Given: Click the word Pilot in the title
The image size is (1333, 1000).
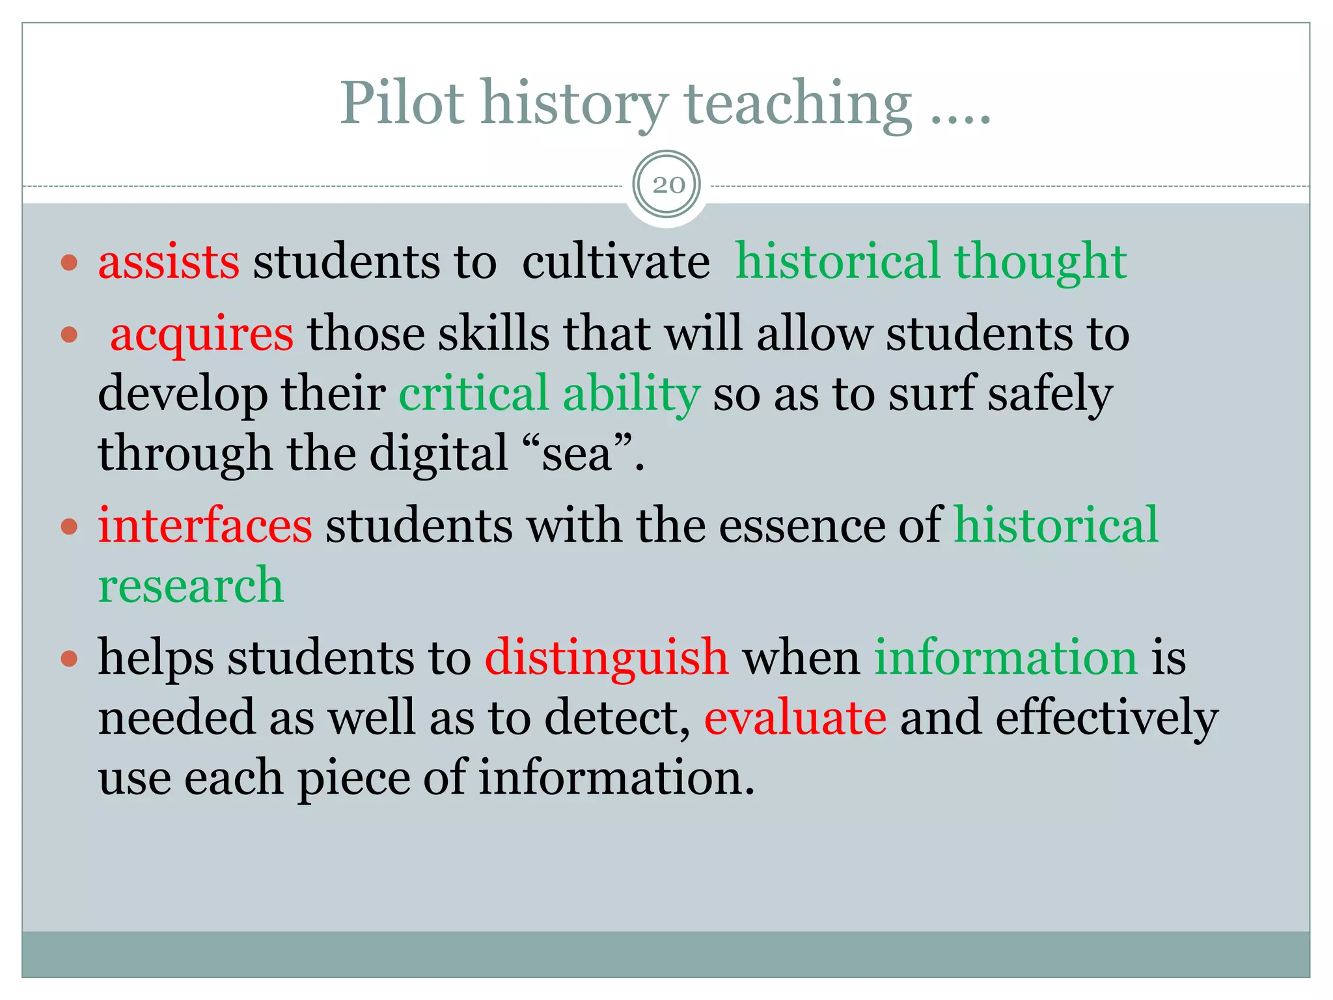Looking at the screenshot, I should [402, 103].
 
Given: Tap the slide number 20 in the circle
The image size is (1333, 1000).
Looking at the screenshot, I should [668, 186].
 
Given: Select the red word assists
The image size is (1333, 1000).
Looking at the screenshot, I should [169, 262].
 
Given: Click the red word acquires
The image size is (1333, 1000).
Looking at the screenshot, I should [202, 335].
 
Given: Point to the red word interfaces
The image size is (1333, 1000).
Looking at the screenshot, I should [205, 525].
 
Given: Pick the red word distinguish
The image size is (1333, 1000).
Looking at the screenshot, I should [607, 658].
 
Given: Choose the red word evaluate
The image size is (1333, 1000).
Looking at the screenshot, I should [795, 717].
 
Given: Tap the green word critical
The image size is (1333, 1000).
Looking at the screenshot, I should [473, 394].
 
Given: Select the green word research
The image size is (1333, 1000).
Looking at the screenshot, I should [191, 585].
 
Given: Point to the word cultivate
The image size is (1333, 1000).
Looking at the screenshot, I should [615, 262].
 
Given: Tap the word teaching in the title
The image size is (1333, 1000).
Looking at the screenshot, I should [798, 103].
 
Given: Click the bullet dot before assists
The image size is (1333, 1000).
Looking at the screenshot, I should [69, 264].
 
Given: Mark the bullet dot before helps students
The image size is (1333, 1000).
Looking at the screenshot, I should [69, 660].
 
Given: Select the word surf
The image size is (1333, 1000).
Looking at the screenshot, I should [932, 394].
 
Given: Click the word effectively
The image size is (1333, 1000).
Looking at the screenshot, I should [1106, 717].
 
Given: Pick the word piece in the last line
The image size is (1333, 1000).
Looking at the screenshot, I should [353, 778].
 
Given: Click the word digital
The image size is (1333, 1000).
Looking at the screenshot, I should [439, 454].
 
